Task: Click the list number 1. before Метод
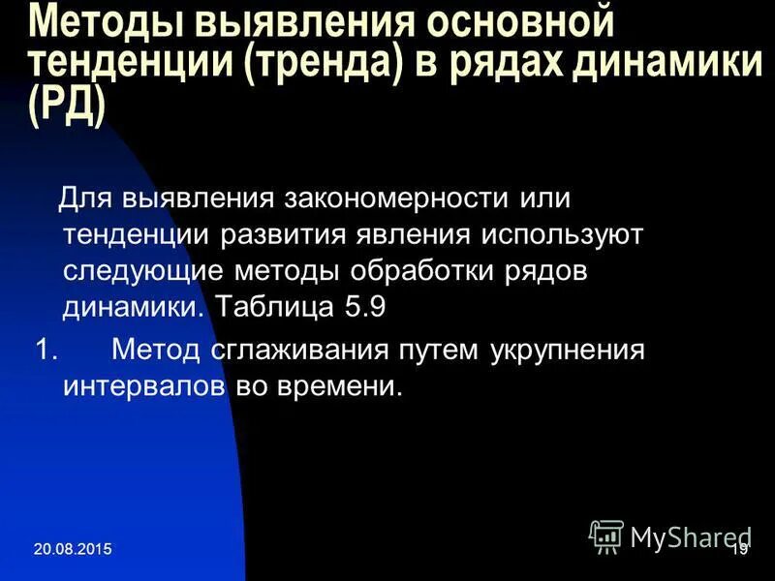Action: (x=47, y=349)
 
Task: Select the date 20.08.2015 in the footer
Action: (x=72, y=550)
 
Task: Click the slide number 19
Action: (x=739, y=549)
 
